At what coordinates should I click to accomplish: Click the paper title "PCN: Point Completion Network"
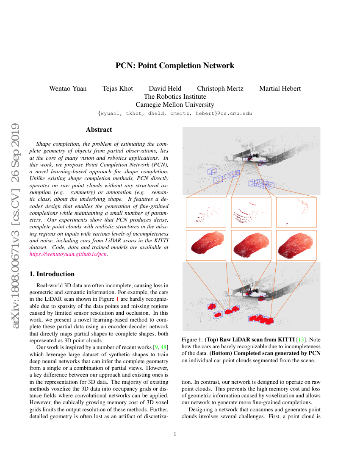(175, 66)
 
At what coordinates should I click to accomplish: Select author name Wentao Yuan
(68, 89)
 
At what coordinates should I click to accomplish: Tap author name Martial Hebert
(280, 89)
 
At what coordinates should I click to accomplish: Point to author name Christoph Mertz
(220, 89)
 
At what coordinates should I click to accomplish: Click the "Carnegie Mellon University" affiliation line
(175, 105)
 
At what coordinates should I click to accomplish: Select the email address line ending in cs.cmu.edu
(175, 114)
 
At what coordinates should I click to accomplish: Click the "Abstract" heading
(99, 130)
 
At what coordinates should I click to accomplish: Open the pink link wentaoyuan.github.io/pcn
(68, 254)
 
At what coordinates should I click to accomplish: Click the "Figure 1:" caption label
(192, 339)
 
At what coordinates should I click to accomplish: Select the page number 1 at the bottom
(175, 434)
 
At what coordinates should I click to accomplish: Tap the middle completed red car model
(251, 245)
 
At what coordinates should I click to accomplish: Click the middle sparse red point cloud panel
(251, 213)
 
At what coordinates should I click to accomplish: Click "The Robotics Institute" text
(175, 97)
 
